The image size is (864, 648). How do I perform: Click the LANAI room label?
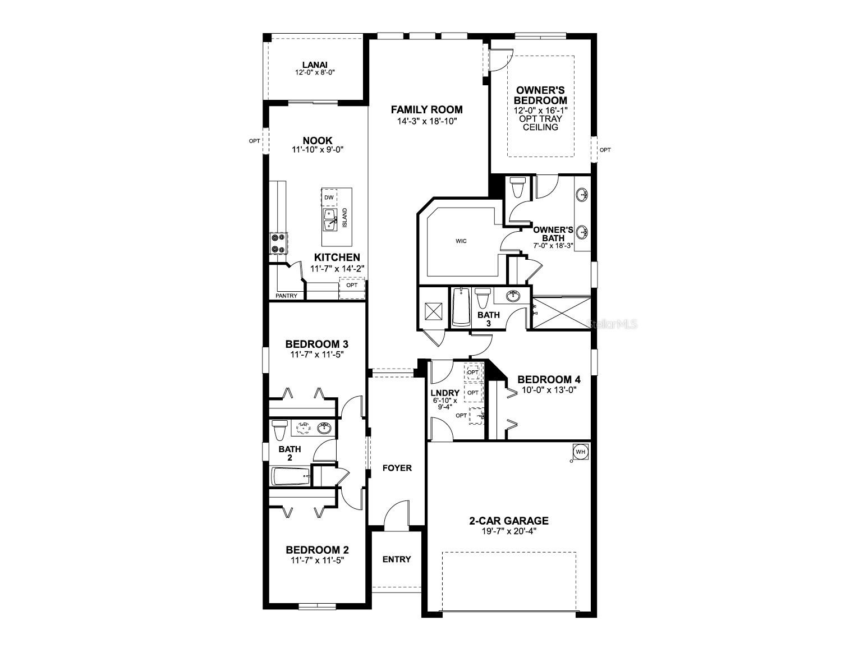[315, 65]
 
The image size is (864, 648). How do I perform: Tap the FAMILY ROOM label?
[426, 109]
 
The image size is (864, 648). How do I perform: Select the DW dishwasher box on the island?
[329, 197]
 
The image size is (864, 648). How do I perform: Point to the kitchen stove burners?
[278, 243]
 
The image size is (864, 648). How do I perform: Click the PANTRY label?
[286, 296]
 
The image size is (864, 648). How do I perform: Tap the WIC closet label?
[461, 241]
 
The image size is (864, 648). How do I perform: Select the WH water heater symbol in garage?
[580, 452]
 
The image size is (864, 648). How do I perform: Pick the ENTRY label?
[397, 559]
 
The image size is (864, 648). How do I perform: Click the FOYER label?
[397, 468]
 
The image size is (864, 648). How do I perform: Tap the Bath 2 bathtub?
[291, 477]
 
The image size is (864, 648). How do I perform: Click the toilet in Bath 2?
[279, 430]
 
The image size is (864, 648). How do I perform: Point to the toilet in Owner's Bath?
[517, 187]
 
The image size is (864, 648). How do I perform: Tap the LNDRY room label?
[445, 393]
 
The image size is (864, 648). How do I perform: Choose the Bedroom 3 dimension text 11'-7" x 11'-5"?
[316, 354]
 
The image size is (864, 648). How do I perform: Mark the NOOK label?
[317, 140]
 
